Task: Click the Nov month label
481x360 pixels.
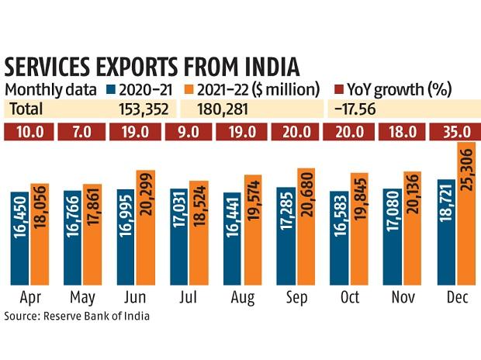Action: point(403,299)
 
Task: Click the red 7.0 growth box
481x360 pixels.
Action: point(83,131)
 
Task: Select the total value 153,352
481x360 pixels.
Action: point(145,109)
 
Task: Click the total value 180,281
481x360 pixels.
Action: point(227,109)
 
